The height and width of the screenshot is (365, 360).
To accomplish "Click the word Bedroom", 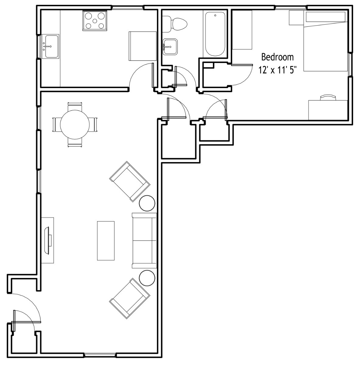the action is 277,57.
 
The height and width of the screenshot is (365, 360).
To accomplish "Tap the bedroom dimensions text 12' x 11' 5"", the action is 277,70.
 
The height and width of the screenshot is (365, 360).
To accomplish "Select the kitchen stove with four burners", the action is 95,21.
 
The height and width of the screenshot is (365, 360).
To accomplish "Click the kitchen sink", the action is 50,47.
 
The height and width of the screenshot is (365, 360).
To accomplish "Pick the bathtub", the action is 215,34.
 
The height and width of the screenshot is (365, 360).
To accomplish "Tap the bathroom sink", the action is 170,47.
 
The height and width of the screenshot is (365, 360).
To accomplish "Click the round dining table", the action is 75,125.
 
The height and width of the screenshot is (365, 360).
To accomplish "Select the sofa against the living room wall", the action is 144,241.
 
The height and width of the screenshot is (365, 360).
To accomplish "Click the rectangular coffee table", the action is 106,241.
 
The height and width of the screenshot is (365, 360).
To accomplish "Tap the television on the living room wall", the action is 48,240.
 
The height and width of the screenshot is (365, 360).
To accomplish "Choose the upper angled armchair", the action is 130,181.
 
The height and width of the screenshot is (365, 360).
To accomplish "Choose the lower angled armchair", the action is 130,298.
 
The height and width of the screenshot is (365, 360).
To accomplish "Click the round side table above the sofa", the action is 147,203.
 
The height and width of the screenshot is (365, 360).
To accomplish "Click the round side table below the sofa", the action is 147,278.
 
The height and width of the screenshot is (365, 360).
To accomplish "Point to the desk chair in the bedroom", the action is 328,97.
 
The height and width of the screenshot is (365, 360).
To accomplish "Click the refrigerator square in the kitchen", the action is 143,46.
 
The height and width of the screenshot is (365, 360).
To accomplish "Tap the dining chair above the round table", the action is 75,106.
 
